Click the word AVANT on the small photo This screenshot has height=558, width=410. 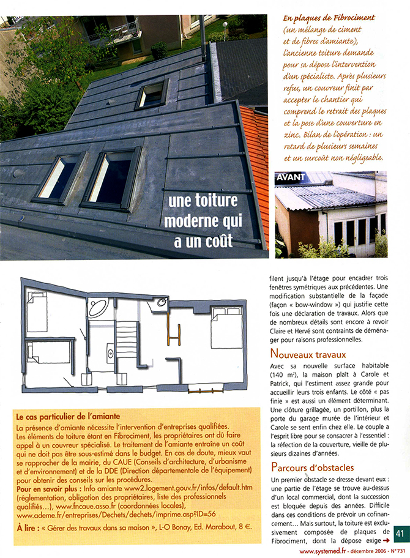[x=291, y=179]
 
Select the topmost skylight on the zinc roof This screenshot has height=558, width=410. [x=152, y=94]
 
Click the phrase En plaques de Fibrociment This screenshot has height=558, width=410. [x=329, y=18]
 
